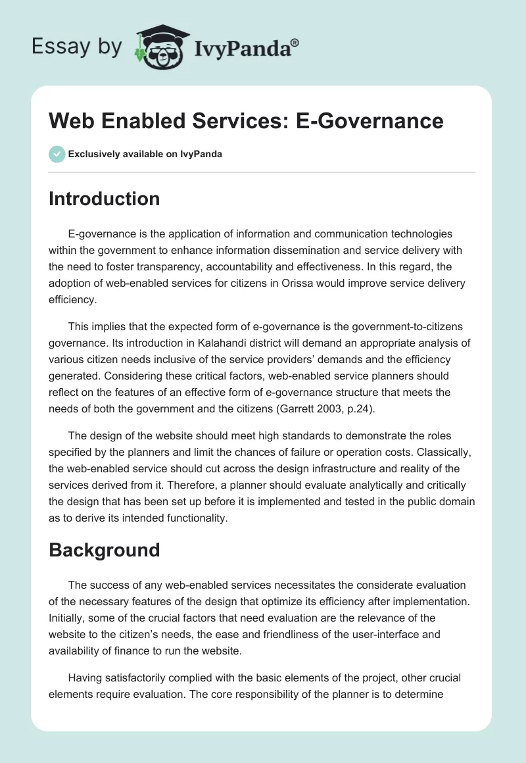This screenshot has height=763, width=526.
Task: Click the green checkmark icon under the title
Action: pos(57,154)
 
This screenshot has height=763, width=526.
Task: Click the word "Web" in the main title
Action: pos(70,121)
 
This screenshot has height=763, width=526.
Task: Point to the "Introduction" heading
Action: pos(104,199)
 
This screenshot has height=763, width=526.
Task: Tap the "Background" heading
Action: pos(104,550)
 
